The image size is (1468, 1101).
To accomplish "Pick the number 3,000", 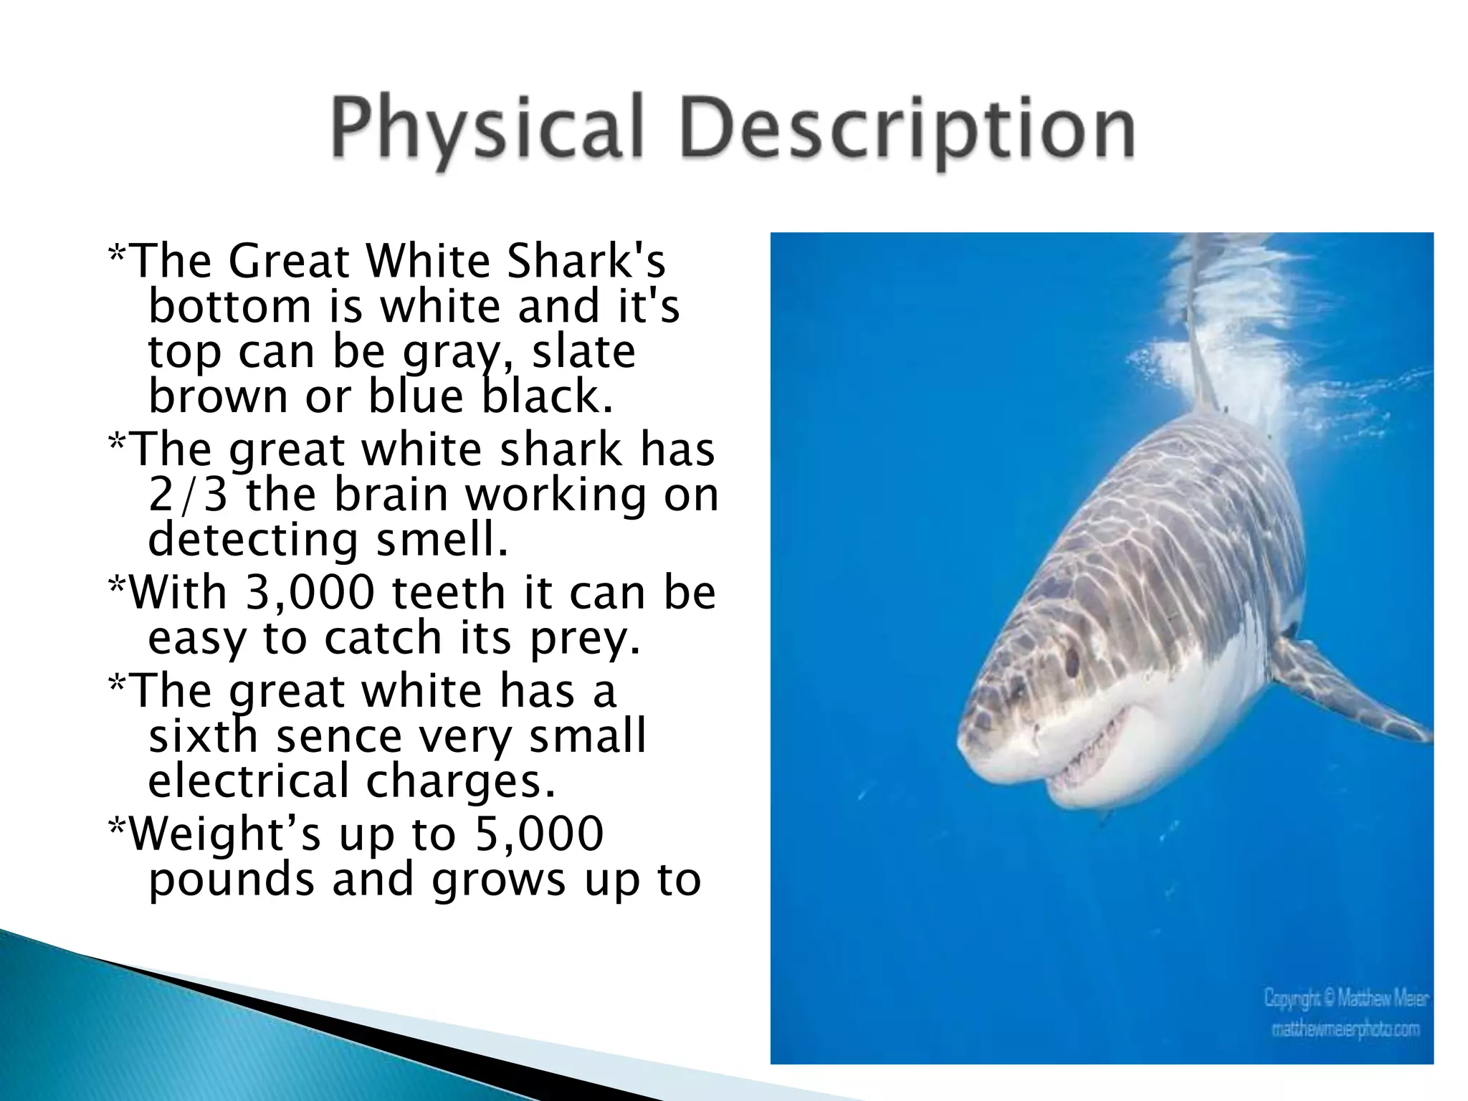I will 310,593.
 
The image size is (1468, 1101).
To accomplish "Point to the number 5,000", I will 539,834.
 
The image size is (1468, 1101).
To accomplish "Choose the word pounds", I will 231,880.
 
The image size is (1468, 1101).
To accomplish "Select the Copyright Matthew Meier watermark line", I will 1346,998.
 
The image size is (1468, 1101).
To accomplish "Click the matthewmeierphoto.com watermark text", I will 1345,1029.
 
